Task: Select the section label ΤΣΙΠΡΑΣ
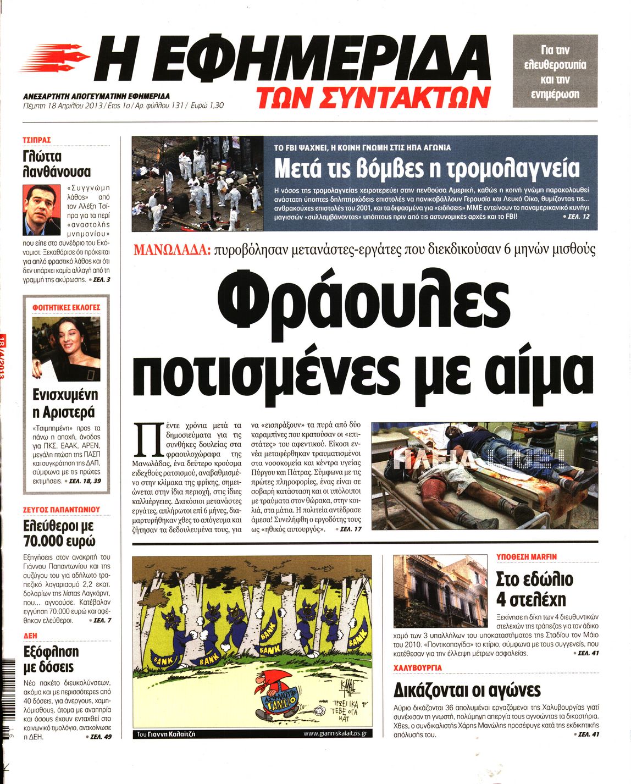point(37,140)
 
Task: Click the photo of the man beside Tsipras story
point(42,209)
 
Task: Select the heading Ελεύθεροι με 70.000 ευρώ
point(59,533)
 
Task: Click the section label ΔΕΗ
point(30,635)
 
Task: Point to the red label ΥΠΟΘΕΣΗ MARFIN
point(527,557)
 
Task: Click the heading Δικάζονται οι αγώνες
point(467,690)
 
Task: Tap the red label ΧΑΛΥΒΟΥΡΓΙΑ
point(418,668)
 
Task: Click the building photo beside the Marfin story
point(440,591)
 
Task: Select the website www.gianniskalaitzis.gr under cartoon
point(338,733)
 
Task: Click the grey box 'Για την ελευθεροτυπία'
point(555,71)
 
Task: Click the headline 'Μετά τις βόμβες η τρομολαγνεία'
point(427,168)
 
